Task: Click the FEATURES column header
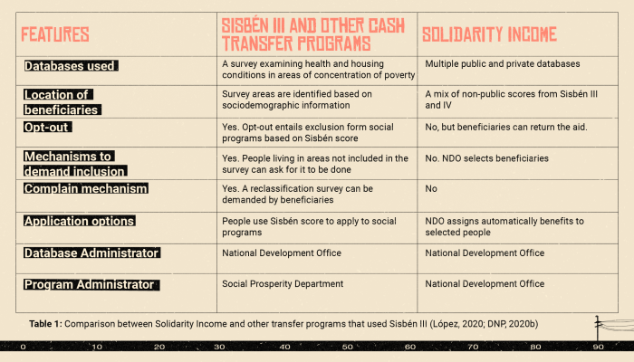click(x=55, y=35)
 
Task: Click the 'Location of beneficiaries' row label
click(x=62, y=102)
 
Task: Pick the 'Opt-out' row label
click(x=48, y=128)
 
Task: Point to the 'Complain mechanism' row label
click(x=85, y=188)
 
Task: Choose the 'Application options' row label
click(x=80, y=221)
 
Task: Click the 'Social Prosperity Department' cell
click(x=283, y=284)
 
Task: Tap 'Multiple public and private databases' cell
click(x=503, y=64)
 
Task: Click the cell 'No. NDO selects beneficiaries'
click(x=486, y=158)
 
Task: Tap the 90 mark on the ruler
click(x=598, y=347)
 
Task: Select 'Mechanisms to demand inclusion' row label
click(x=73, y=164)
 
